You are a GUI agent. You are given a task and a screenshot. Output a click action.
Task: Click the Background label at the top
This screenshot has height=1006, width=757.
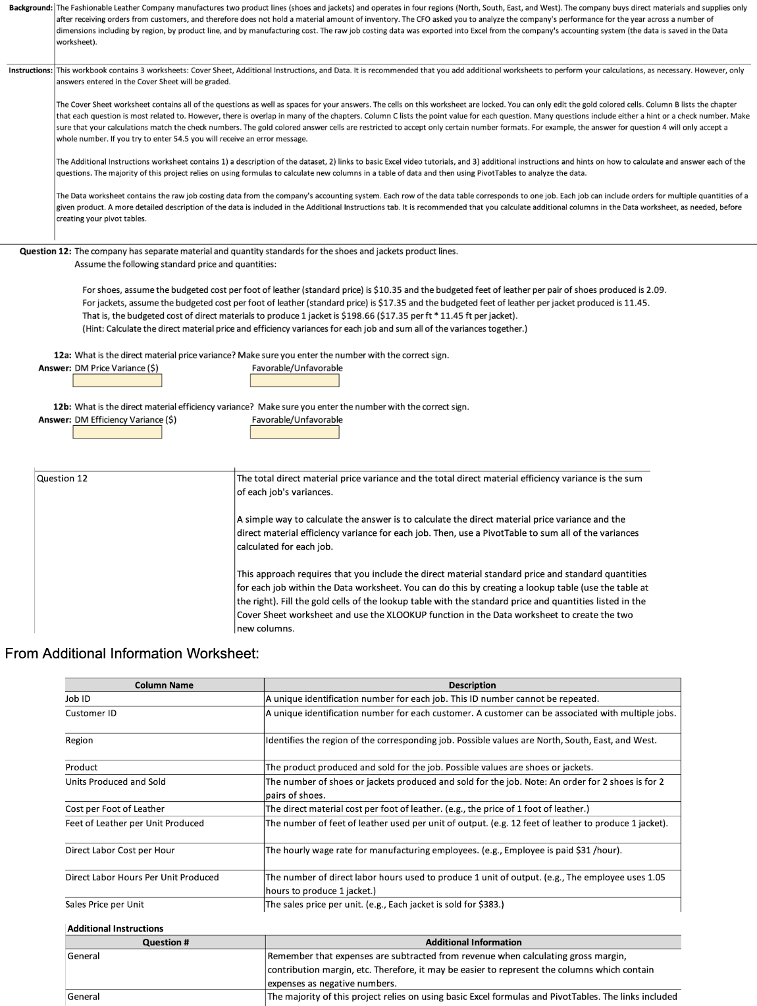click(x=26, y=8)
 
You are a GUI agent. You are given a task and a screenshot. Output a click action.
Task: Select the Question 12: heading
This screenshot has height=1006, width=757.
click(x=45, y=251)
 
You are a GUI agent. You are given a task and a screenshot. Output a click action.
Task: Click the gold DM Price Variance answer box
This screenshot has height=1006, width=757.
click(x=117, y=381)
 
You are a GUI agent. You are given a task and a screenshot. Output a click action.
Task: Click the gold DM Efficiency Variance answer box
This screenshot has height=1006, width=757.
click(x=117, y=433)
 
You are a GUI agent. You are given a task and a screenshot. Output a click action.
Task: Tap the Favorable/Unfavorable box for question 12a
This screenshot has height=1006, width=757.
click(x=295, y=381)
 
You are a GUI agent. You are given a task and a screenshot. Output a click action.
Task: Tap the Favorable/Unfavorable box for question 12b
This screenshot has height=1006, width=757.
click(x=295, y=433)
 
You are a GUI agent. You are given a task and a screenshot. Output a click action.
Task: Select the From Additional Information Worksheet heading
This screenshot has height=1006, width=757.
click(x=132, y=654)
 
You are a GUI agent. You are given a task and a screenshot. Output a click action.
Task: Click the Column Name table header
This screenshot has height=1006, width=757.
click(x=164, y=685)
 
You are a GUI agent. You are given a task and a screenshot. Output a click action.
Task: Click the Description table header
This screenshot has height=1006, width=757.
click(x=472, y=685)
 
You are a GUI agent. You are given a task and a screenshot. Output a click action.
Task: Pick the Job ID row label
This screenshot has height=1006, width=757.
click(x=78, y=699)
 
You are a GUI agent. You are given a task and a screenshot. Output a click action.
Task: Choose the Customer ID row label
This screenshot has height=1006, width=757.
click(x=91, y=713)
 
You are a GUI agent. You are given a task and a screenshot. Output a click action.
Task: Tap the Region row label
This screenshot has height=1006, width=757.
click(x=79, y=741)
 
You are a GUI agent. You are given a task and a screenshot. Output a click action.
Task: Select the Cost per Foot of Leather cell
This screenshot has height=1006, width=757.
click(x=115, y=808)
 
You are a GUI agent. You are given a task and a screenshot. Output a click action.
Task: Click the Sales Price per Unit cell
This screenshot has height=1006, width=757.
click(x=104, y=905)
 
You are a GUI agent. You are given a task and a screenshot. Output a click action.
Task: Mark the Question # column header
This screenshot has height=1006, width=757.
click(x=166, y=942)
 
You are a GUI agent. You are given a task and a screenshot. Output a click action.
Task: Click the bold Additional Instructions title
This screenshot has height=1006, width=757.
click(x=115, y=928)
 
